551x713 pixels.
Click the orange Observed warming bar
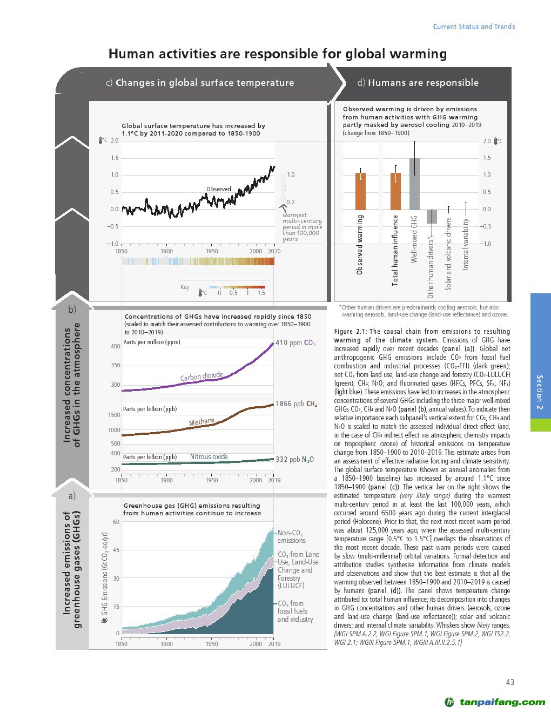tap(360, 191)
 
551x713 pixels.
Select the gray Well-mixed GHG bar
tap(414, 184)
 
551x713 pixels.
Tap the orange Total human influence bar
tap(395, 191)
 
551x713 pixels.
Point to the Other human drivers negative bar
tap(432, 217)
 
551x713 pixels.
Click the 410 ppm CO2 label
tap(295, 343)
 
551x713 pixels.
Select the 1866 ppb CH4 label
tap(296, 404)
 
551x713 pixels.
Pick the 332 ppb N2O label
tap(294, 460)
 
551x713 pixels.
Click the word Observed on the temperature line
tap(218, 189)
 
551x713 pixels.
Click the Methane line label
tap(201, 422)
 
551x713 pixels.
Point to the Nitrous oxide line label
tap(209, 457)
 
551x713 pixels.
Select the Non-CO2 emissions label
tap(291, 536)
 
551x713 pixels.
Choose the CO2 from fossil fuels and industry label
tap(295, 611)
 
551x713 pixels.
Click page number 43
tap(510, 682)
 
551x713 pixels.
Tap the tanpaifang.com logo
tap(494, 702)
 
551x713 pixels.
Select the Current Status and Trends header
tap(474, 26)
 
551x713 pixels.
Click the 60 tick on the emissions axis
tap(116, 522)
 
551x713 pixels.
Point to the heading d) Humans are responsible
tap(418, 83)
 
